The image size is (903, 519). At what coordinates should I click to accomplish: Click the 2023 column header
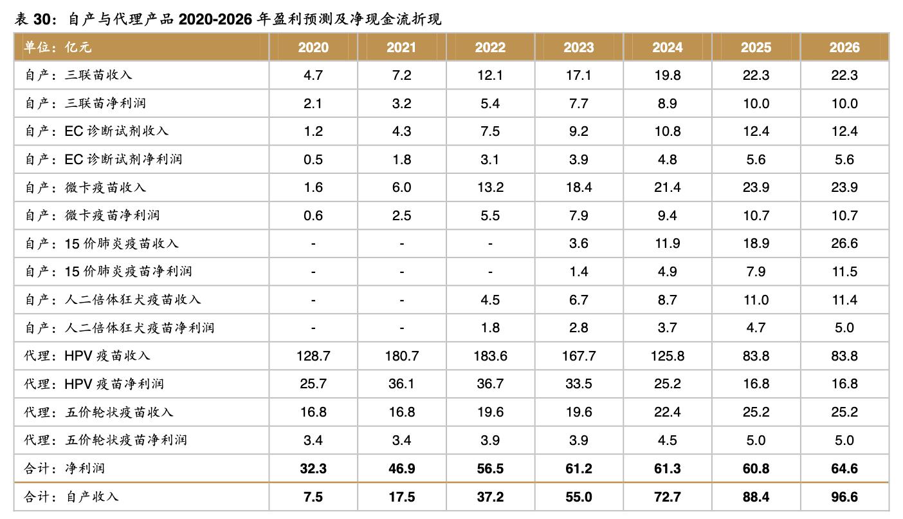578,48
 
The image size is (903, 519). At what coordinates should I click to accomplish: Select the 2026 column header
844,48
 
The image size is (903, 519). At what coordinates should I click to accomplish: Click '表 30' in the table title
32,20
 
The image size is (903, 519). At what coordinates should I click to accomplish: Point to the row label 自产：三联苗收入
78,75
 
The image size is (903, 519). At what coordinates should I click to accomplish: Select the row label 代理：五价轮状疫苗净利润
106,440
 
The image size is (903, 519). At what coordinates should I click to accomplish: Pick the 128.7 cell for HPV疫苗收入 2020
313,356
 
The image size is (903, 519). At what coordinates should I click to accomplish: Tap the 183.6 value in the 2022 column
490,356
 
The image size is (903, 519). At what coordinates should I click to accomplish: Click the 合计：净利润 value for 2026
844,469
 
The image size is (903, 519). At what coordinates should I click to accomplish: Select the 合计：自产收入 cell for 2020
313,497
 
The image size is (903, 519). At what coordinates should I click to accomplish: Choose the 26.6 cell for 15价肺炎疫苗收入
844,243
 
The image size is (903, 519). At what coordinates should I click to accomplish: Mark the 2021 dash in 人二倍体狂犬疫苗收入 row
401,300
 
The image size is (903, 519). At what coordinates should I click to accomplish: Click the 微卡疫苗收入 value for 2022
490,187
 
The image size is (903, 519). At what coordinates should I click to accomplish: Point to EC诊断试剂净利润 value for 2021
401,160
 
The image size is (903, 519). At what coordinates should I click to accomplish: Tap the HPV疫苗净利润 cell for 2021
401,384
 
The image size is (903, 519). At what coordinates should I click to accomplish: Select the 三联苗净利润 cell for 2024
667,104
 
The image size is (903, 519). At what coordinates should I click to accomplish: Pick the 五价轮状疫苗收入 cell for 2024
667,412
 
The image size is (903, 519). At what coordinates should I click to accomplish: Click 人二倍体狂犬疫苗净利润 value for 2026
844,328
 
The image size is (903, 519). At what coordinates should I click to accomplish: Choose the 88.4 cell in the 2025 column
756,497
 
